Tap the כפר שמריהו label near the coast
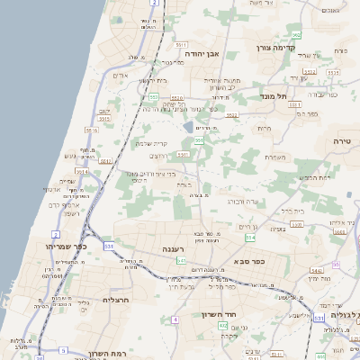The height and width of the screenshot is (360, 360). [x=40, y=245]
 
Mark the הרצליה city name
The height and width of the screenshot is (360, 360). [x=118, y=299]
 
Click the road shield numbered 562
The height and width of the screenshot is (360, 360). [x=295, y=35]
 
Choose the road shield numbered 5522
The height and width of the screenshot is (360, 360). [x=232, y=116]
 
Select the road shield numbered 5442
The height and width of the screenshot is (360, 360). [x=316, y=270]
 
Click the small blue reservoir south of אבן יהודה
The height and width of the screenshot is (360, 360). [x=187, y=127]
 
